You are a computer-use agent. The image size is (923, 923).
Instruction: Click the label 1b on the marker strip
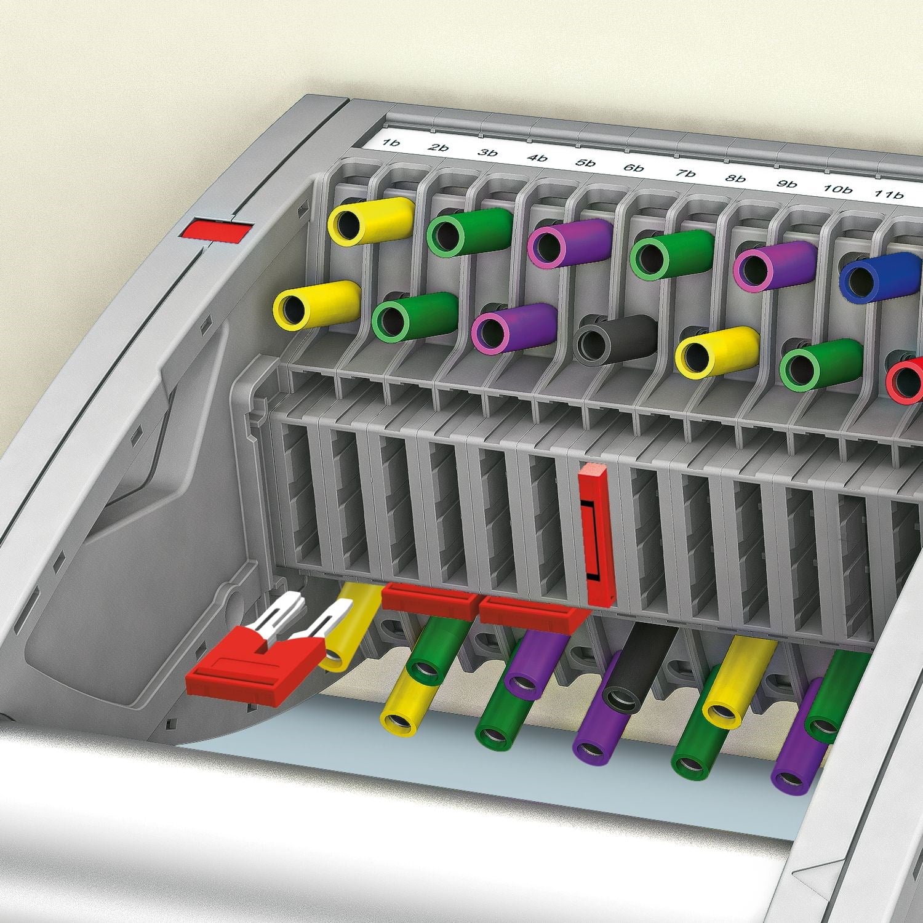391,143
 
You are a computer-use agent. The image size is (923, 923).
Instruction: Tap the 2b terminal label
439,148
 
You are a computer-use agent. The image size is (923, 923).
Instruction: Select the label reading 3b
487,153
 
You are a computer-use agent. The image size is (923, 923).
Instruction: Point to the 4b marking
537,158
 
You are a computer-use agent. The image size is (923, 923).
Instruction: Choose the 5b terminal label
585,163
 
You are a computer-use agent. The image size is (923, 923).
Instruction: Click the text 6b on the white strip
634,168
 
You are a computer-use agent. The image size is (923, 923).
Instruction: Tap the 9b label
787,184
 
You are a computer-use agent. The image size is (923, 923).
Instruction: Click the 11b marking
890,194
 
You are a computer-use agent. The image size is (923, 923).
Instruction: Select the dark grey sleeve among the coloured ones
615,339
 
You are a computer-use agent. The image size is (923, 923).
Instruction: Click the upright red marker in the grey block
596,535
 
